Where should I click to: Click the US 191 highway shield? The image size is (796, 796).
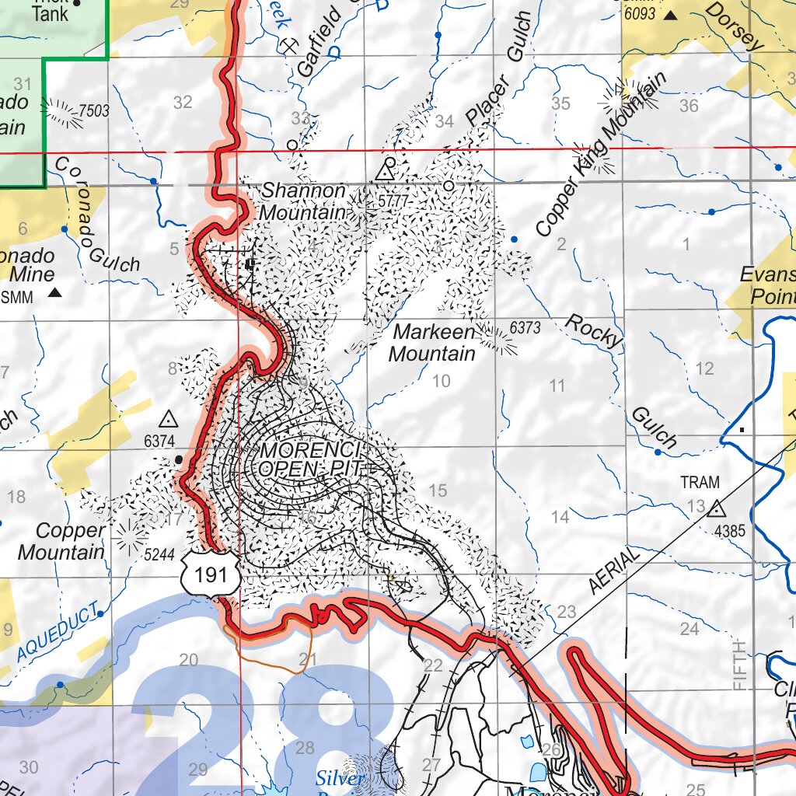pos(208,574)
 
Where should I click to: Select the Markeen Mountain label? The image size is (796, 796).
pos(432,343)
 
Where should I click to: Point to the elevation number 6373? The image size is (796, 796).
pos(525,328)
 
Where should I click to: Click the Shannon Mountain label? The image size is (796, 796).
pos(303,201)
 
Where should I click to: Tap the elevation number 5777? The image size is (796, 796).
pos(393,201)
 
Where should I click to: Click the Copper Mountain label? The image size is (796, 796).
pos(61,541)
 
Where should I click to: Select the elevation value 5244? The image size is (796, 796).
pos(158,556)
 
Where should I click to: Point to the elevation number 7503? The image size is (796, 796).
pos(93,111)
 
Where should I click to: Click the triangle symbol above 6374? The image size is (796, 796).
pos(168,421)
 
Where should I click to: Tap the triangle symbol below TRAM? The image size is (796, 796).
pos(715,509)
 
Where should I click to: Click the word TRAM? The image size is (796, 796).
pos(700,482)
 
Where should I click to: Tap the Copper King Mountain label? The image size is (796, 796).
pos(601,155)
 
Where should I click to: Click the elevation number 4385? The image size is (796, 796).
pos(730,532)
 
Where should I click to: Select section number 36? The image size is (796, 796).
pos(689,106)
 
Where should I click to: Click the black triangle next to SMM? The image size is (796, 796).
pos(55,293)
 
